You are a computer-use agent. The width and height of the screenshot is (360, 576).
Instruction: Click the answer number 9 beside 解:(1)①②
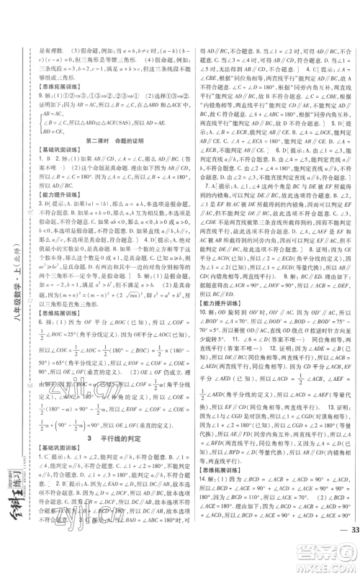pyautogui.click(x=48, y=85)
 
